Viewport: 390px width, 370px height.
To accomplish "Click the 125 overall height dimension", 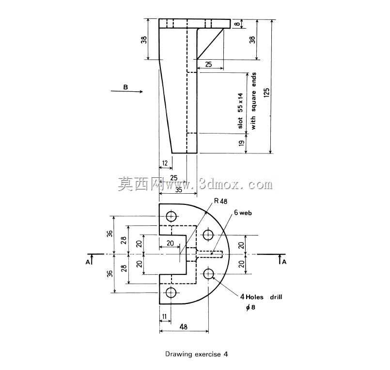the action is click(266, 93).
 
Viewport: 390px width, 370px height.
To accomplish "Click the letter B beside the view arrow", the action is click(125, 87).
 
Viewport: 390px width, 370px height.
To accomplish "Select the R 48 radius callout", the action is click(220, 201).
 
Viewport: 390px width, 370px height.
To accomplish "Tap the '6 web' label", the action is click(243, 213).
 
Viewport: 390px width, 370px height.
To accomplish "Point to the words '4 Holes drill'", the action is click(261, 297).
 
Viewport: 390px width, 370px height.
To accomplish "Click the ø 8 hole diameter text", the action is click(251, 307).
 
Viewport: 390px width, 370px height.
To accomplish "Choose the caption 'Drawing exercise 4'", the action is click(197, 354).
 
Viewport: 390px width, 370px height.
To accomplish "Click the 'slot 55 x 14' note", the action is click(240, 111).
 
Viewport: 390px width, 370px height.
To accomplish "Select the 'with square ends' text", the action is click(253, 101).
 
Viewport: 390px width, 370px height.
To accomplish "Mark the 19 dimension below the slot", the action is click(242, 143).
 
